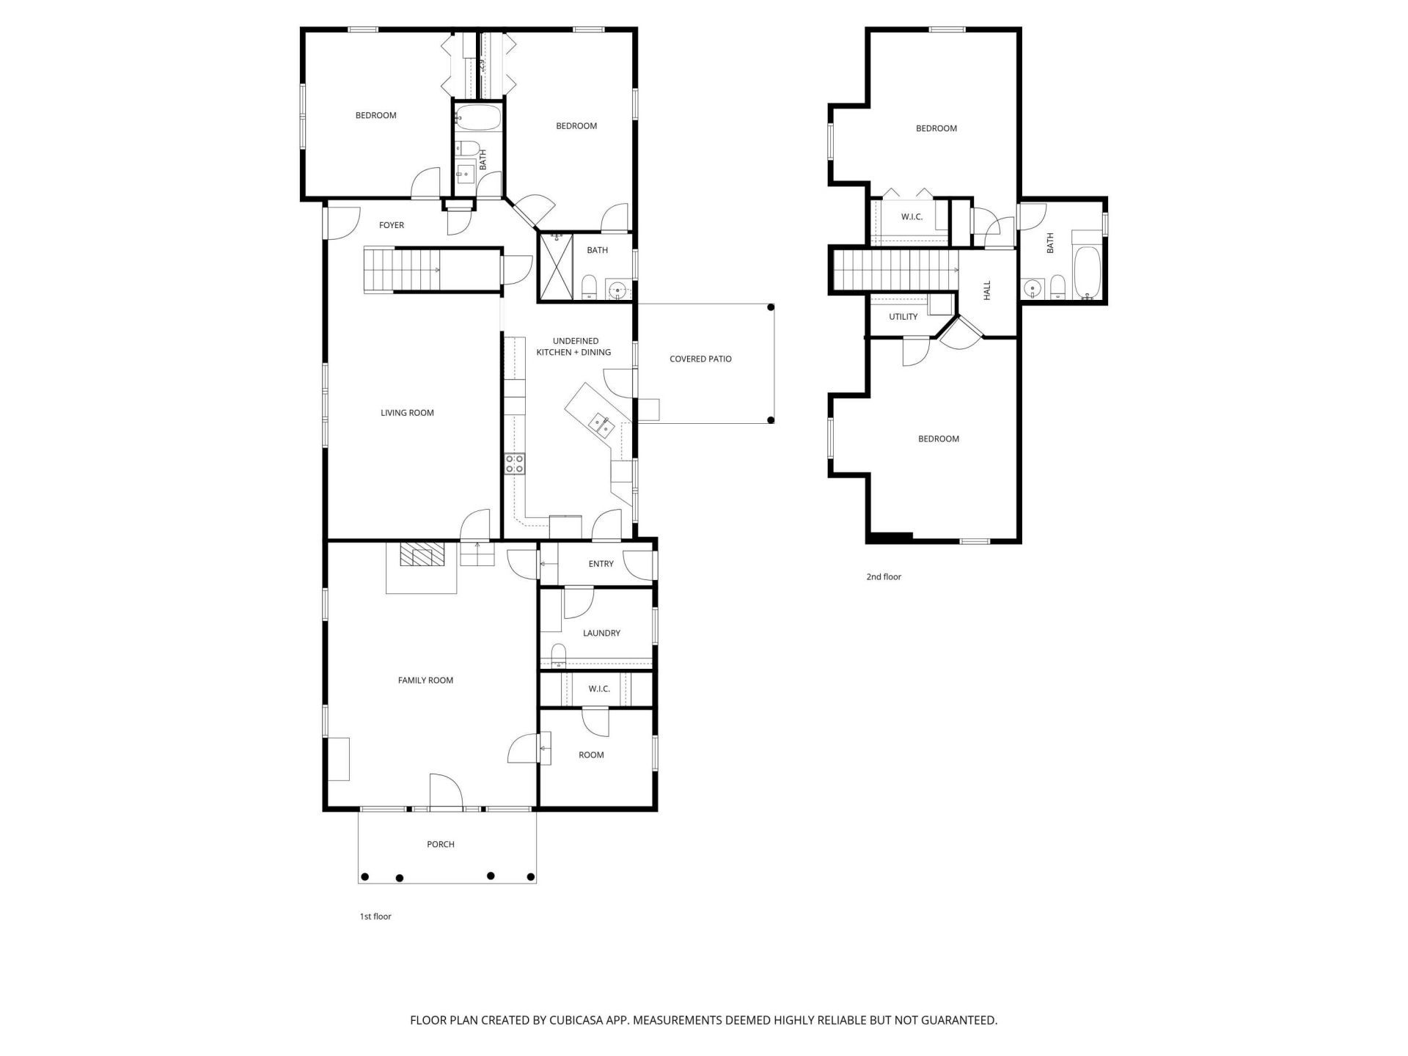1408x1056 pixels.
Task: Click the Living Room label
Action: [407, 413]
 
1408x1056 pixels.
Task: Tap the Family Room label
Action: [425, 681]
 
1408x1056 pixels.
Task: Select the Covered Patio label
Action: [700, 359]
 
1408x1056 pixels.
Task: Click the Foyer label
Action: [392, 225]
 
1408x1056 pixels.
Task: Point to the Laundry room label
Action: [601, 633]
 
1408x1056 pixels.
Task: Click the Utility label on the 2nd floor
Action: [903, 317]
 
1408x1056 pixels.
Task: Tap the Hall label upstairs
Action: [987, 290]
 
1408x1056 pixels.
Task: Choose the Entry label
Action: [601, 564]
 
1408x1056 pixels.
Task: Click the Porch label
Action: [441, 845]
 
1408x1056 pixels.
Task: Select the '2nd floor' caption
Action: [884, 577]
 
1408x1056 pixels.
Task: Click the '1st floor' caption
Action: [375, 917]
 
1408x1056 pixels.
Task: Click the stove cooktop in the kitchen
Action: [515, 463]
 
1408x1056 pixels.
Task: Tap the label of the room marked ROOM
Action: [591, 755]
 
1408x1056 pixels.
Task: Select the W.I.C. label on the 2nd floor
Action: [912, 217]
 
